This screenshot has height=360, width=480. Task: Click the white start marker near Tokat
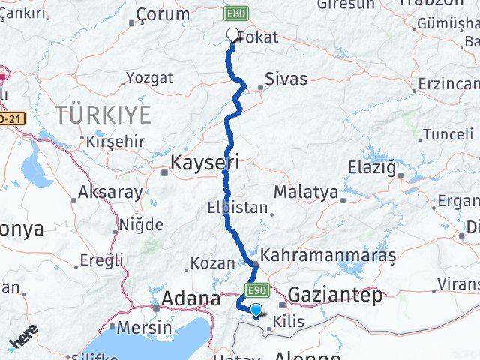coord(232,34)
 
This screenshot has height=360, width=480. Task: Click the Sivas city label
coord(286,79)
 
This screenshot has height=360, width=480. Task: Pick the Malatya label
coord(305,193)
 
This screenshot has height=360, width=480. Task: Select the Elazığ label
coord(373,166)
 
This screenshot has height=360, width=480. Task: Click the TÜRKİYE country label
coord(102,115)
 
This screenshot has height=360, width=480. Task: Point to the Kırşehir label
coord(115,141)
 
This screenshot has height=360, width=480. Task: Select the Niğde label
coord(142,224)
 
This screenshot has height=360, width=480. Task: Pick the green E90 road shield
coord(257,289)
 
